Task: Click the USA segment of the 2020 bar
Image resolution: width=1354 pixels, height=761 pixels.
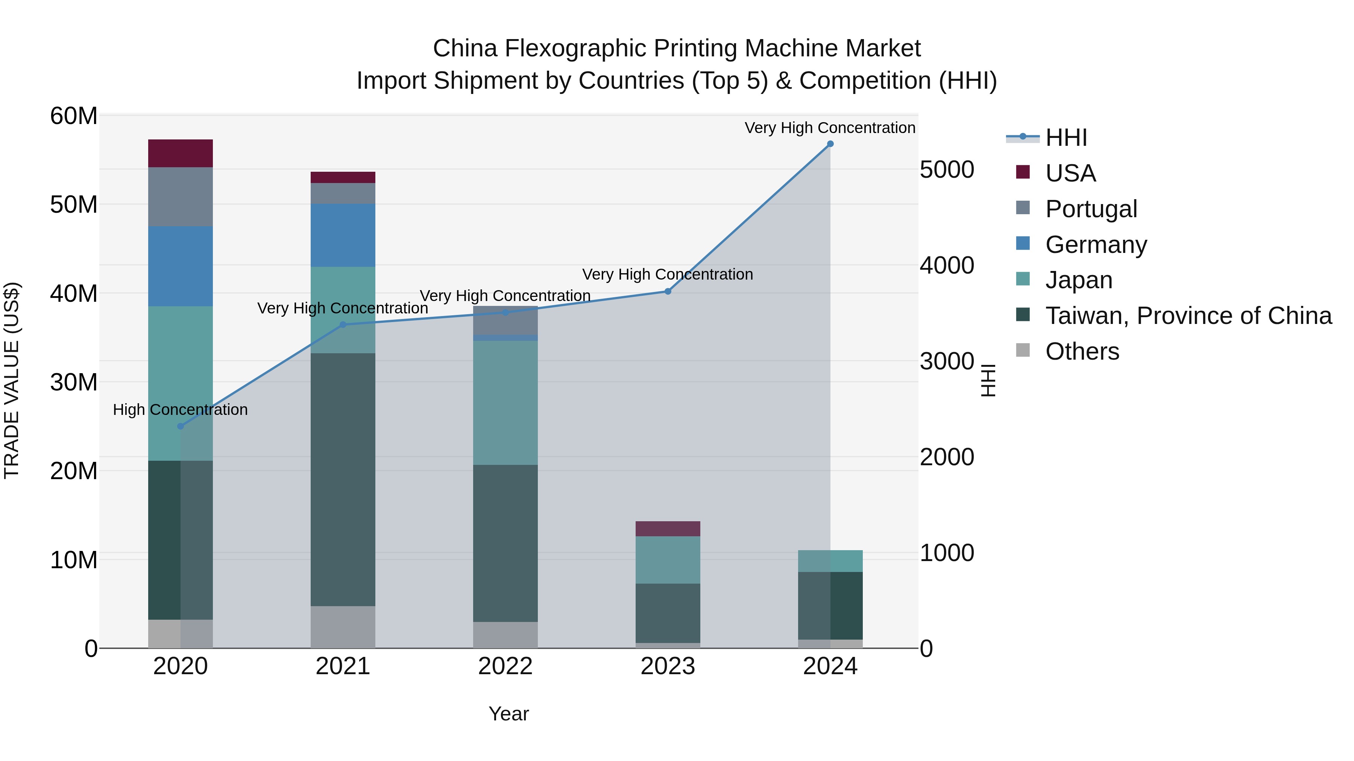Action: coord(180,153)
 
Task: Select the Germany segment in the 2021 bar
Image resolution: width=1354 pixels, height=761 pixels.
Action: coord(343,235)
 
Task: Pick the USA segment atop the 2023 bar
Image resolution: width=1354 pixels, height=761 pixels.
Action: coord(668,528)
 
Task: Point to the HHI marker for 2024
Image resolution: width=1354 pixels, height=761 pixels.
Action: coord(830,144)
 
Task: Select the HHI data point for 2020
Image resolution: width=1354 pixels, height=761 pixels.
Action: coord(180,426)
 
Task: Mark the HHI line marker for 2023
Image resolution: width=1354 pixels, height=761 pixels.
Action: coord(668,291)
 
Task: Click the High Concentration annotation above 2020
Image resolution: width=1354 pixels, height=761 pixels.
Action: coord(180,410)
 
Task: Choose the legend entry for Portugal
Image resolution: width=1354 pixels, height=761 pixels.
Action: coord(1091,209)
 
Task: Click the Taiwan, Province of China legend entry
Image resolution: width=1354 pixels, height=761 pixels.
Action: coord(1188,316)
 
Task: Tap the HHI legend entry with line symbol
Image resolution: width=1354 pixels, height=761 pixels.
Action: coord(1066,138)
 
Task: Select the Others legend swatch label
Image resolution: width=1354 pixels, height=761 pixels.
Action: coord(1082,351)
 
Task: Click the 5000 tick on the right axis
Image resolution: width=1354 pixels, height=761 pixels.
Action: coord(947,169)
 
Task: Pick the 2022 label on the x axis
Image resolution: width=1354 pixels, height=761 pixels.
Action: coord(505,666)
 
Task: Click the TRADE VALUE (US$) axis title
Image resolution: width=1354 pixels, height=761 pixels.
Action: coord(12,381)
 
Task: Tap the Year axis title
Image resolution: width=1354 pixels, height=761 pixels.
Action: coord(508,714)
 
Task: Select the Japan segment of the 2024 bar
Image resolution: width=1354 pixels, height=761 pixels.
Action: coord(830,561)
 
